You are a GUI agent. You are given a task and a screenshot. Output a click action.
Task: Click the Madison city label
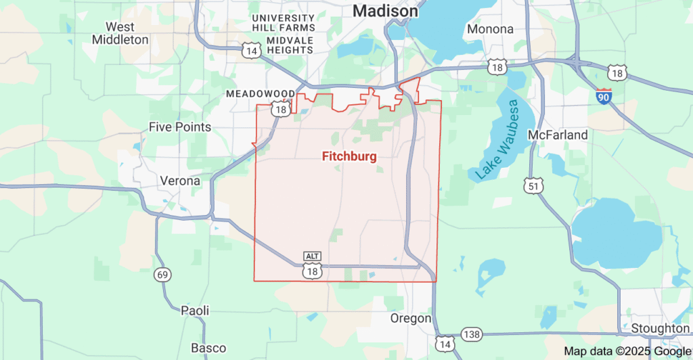(x=385, y=12)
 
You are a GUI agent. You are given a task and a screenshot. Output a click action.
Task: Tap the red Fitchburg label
(x=349, y=156)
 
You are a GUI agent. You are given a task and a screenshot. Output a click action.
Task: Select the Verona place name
(x=180, y=181)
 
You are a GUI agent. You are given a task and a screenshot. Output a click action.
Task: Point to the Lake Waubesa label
(x=496, y=140)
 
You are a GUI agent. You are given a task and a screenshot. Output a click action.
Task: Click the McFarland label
(x=558, y=135)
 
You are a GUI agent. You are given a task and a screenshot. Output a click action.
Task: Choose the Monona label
(x=490, y=29)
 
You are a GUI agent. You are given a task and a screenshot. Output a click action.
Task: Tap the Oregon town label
(x=411, y=318)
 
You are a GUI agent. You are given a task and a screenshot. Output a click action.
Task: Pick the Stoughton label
(x=660, y=328)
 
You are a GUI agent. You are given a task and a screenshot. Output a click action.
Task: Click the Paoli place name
(x=195, y=310)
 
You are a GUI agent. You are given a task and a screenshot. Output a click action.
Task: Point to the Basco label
(x=208, y=348)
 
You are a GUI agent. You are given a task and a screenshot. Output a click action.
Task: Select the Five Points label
(x=180, y=127)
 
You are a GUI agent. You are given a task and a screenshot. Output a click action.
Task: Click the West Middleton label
(x=120, y=33)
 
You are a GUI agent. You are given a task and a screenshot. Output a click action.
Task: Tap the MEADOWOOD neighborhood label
(x=261, y=93)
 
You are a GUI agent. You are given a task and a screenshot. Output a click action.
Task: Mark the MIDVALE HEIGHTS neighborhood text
(x=280, y=50)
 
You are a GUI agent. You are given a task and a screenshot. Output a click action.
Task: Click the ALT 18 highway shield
(x=312, y=265)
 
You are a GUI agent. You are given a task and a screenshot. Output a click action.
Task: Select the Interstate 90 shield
(x=604, y=96)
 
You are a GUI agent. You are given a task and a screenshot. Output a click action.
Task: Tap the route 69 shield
(x=162, y=275)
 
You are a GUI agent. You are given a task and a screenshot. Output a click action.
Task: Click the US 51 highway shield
(x=532, y=185)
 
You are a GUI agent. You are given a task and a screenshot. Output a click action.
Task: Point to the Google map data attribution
(x=627, y=351)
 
